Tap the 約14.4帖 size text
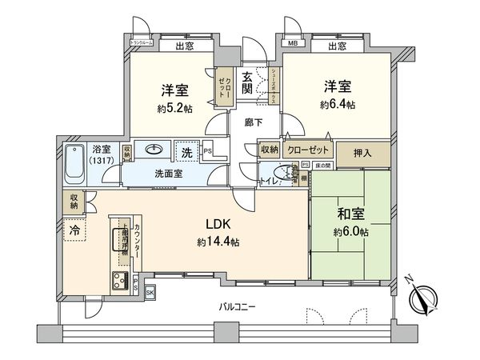pyautogui.click(x=219, y=242)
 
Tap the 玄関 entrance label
pyautogui.click(x=248, y=84)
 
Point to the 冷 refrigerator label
pyautogui.click(x=74, y=228)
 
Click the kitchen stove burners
pyautogui.click(x=121, y=280)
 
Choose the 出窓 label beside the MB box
pyautogui.click(x=338, y=46)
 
